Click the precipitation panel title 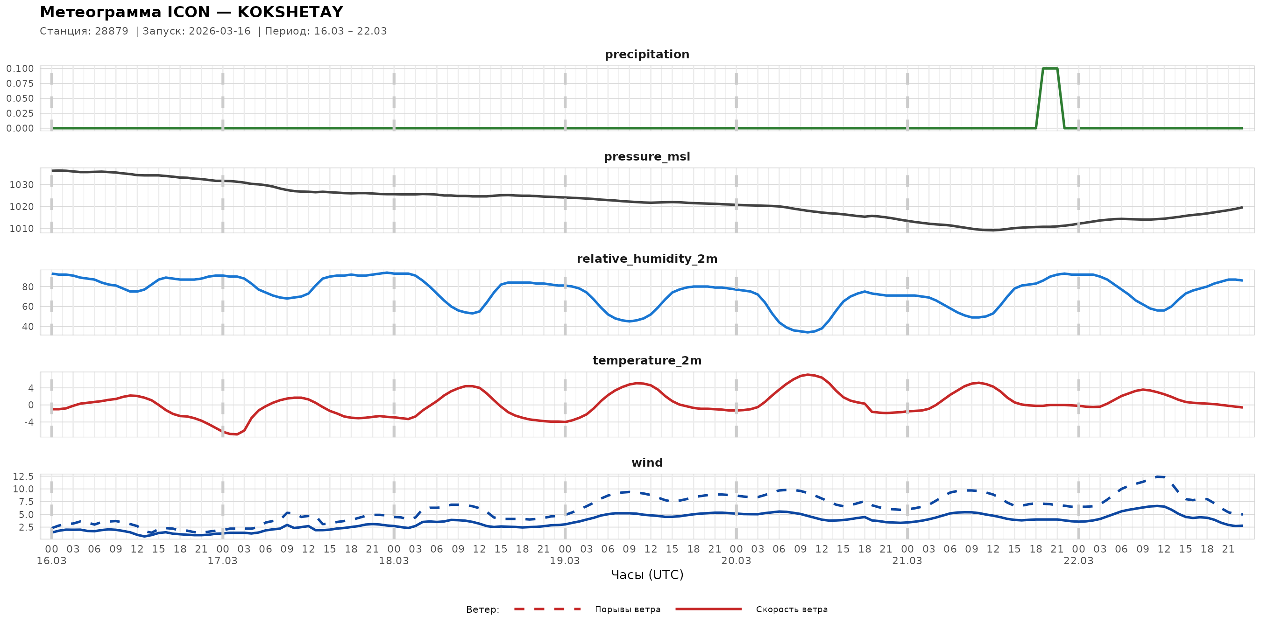point(647,54)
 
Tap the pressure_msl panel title point(647,156)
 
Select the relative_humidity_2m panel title point(647,259)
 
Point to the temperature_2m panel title point(647,360)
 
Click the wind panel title point(647,463)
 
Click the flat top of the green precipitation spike point(1050,69)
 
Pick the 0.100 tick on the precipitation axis point(20,69)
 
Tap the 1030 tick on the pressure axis point(21,185)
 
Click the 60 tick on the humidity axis point(28,307)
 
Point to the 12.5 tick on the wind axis point(23,476)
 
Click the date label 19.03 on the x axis point(565,561)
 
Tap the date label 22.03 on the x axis point(1078,561)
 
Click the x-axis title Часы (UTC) point(647,575)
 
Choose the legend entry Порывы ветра point(628,609)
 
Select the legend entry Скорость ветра point(792,609)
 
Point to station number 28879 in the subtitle point(112,31)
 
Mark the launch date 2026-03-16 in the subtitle point(220,31)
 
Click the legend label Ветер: point(482,609)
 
